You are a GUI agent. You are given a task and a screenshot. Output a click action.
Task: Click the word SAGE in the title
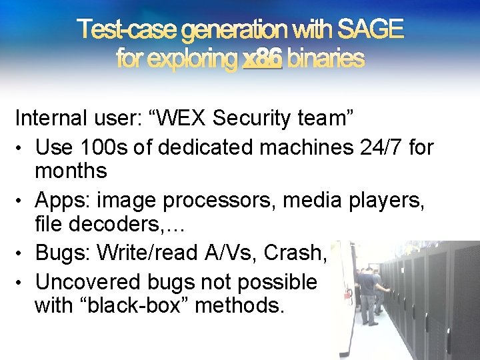371,29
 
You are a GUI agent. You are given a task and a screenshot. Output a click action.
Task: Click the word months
71,171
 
